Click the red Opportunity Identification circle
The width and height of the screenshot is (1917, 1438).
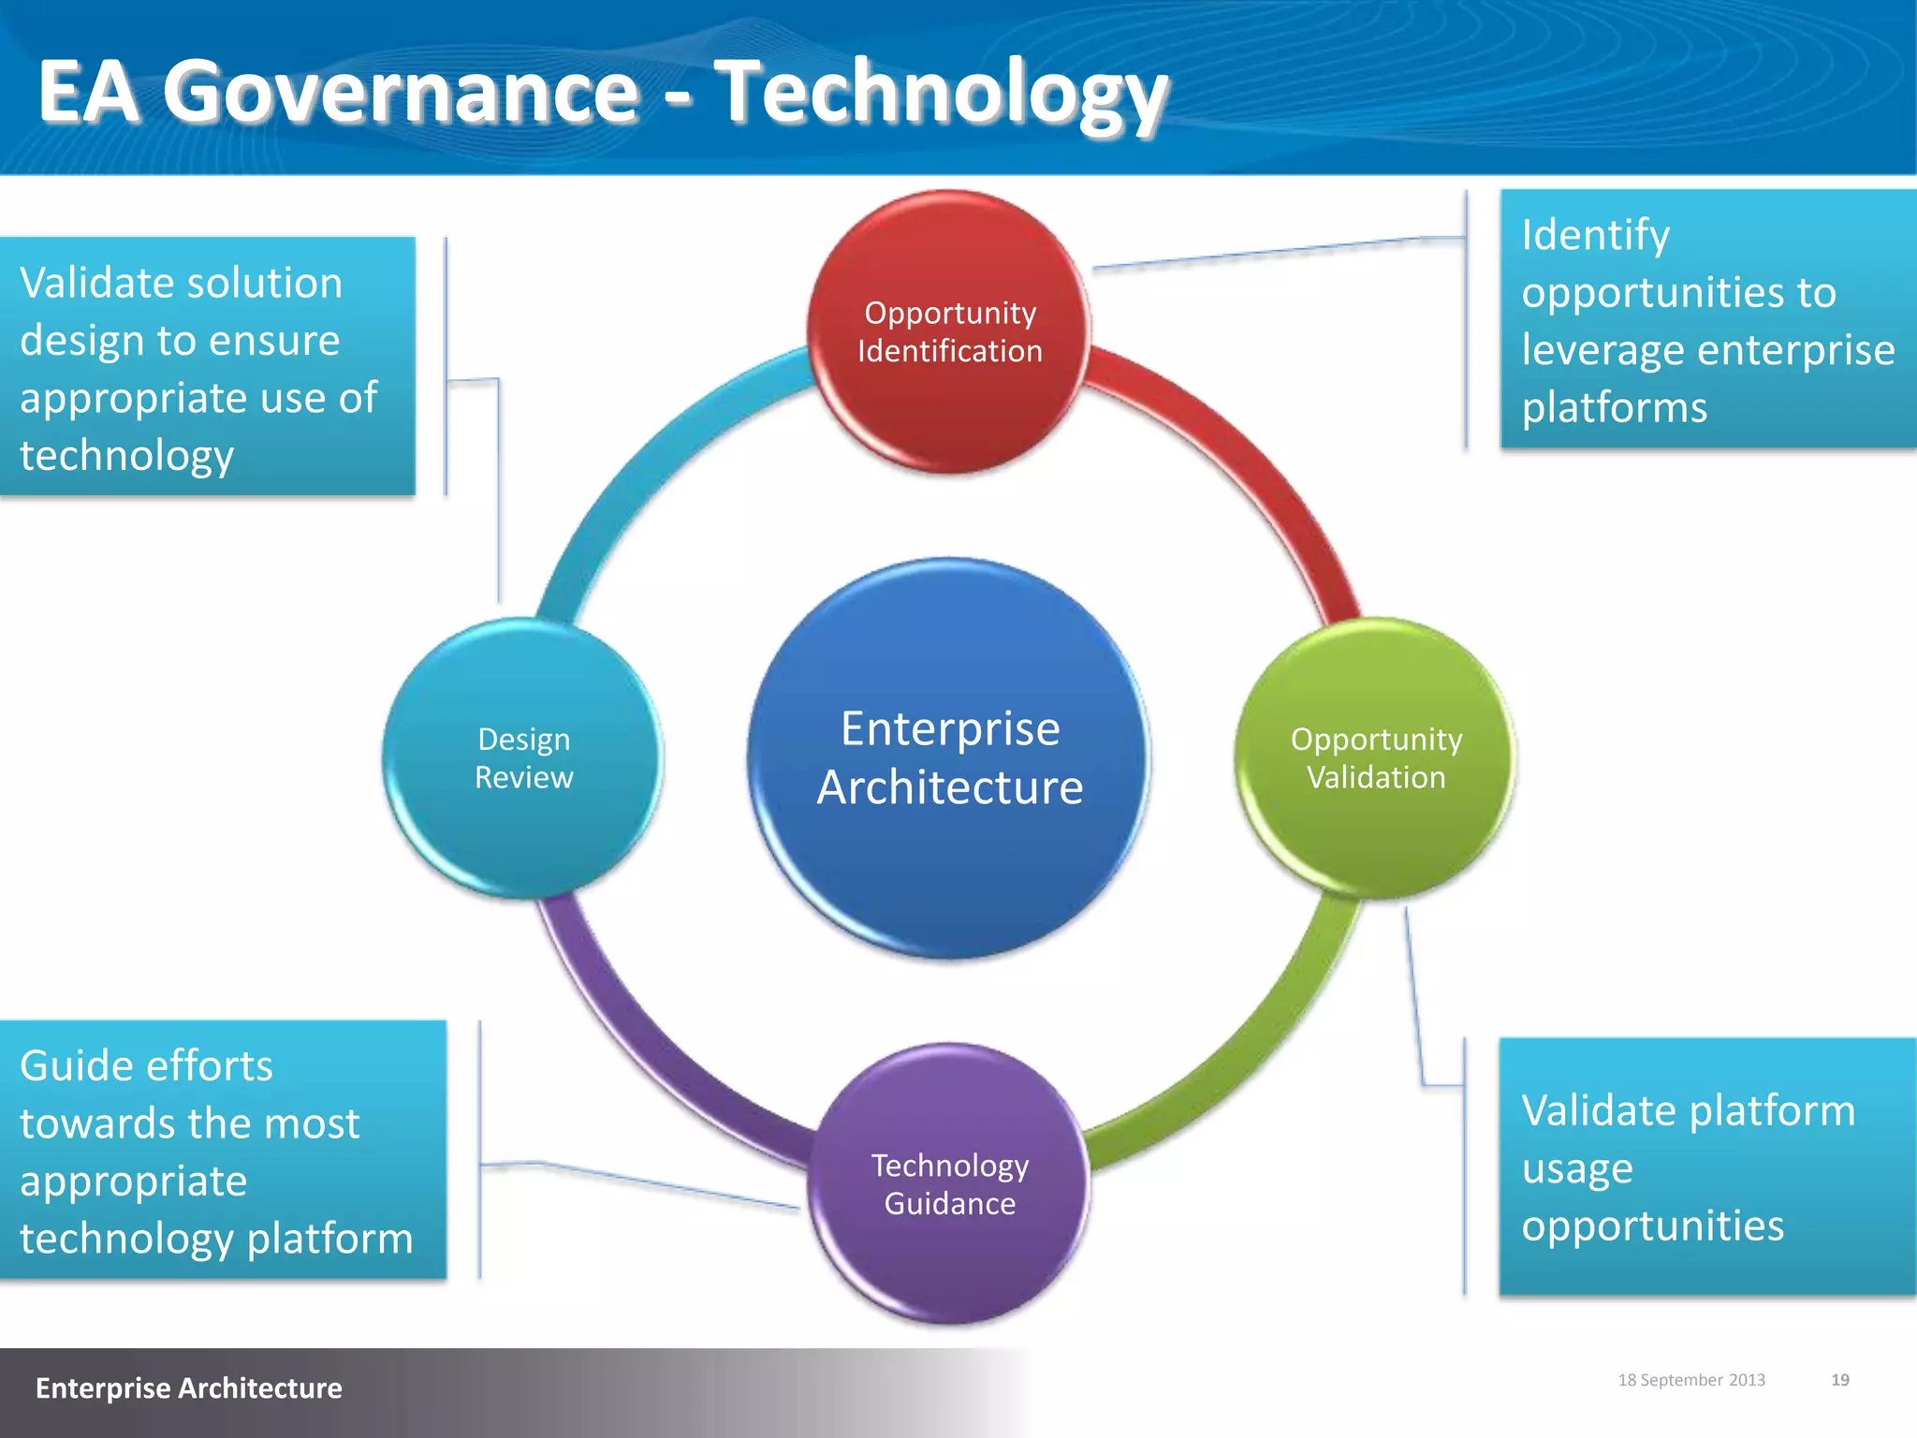point(949,331)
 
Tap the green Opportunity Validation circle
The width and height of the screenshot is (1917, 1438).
point(1375,758)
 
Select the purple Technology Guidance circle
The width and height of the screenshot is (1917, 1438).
point(949,1183)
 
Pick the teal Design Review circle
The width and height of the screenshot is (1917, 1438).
point(523,758)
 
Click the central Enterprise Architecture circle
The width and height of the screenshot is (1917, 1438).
point(949,758)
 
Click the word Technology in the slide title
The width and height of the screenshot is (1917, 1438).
point(941,92)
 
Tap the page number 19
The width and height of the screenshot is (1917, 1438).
point(1839,1380)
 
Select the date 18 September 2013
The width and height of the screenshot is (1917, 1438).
point(1690,1380)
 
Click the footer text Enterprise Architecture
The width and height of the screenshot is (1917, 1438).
point(188,1387)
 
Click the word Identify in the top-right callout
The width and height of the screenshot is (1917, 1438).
point(1594,235)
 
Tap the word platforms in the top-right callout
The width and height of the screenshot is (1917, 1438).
point(1614,407)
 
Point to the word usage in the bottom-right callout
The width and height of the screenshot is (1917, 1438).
point(1576,1168)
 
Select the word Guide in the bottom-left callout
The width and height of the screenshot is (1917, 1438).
point(76,1065)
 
